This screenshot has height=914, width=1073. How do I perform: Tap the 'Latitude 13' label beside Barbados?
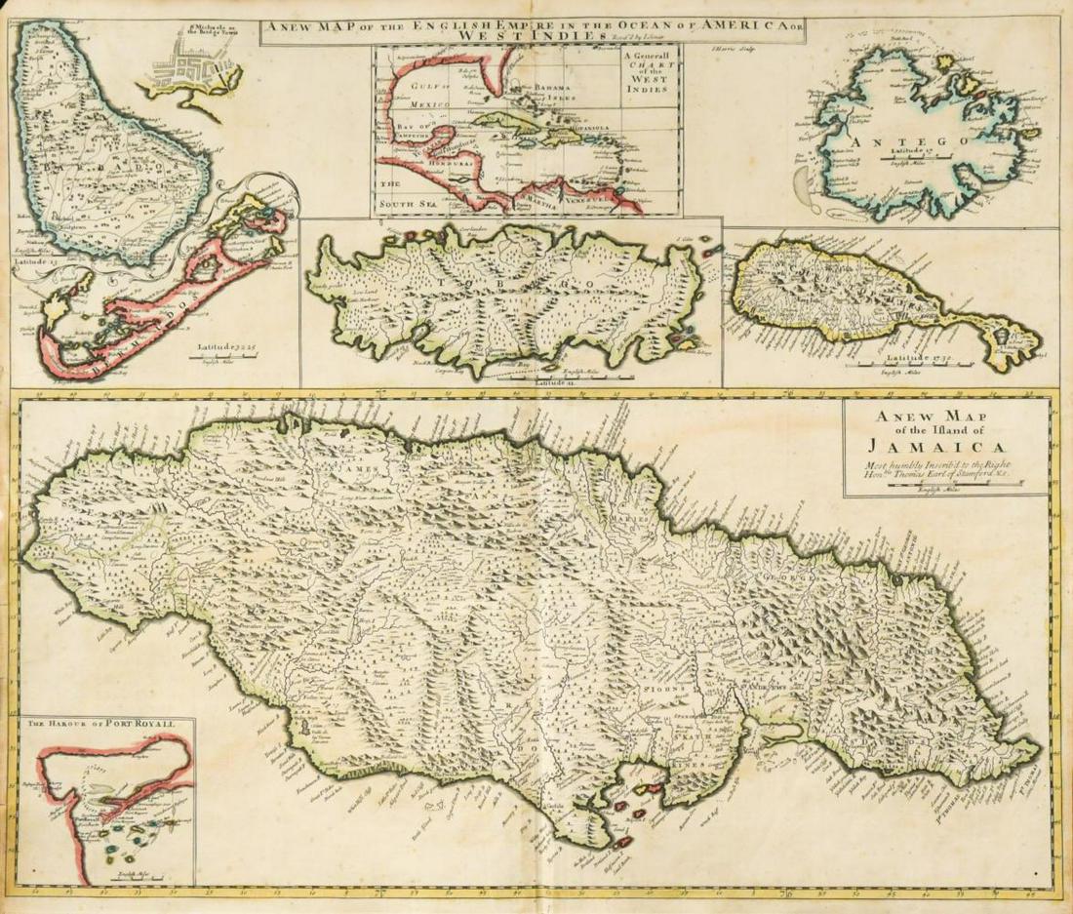click(x=36, y=260)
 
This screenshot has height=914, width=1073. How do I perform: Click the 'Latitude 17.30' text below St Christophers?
click(x=899, y=361)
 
